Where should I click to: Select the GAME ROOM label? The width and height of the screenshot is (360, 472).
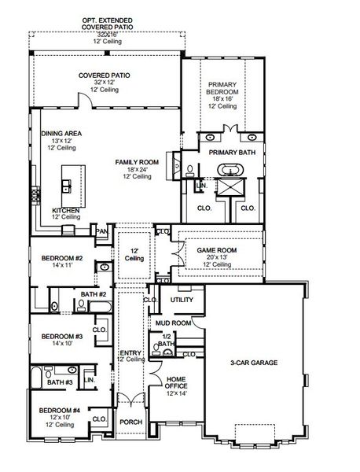pyautogui.click(x=216, y=250)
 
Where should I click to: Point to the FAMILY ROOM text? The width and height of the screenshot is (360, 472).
pyautogui.click(x=137, y=161)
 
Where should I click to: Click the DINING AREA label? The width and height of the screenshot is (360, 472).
pyautogui.click(x=60, y=134)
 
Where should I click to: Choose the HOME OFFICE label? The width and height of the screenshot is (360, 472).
pyautogui.click(x=177, y=383)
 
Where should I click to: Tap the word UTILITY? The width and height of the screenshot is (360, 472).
pyautogui.click(x=182, y=300)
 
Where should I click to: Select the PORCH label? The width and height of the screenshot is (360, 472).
pyautogui.click(x=131, y=422)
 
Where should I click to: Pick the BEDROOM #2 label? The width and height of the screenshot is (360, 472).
pyautogui.click(x=62, y=258)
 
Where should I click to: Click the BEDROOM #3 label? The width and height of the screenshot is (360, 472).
pyautogui.click(x=62, y=337)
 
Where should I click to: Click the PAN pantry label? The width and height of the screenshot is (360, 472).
pyautogui.click(x=101, y=231)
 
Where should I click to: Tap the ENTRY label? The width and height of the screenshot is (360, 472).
pyautogui.click(x=130, y=352)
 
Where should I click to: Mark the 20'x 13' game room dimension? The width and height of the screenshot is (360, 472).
pyautogui.click(x=216, y=258)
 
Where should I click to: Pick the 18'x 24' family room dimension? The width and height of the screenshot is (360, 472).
pyautogui.click(x=137, y=169)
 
